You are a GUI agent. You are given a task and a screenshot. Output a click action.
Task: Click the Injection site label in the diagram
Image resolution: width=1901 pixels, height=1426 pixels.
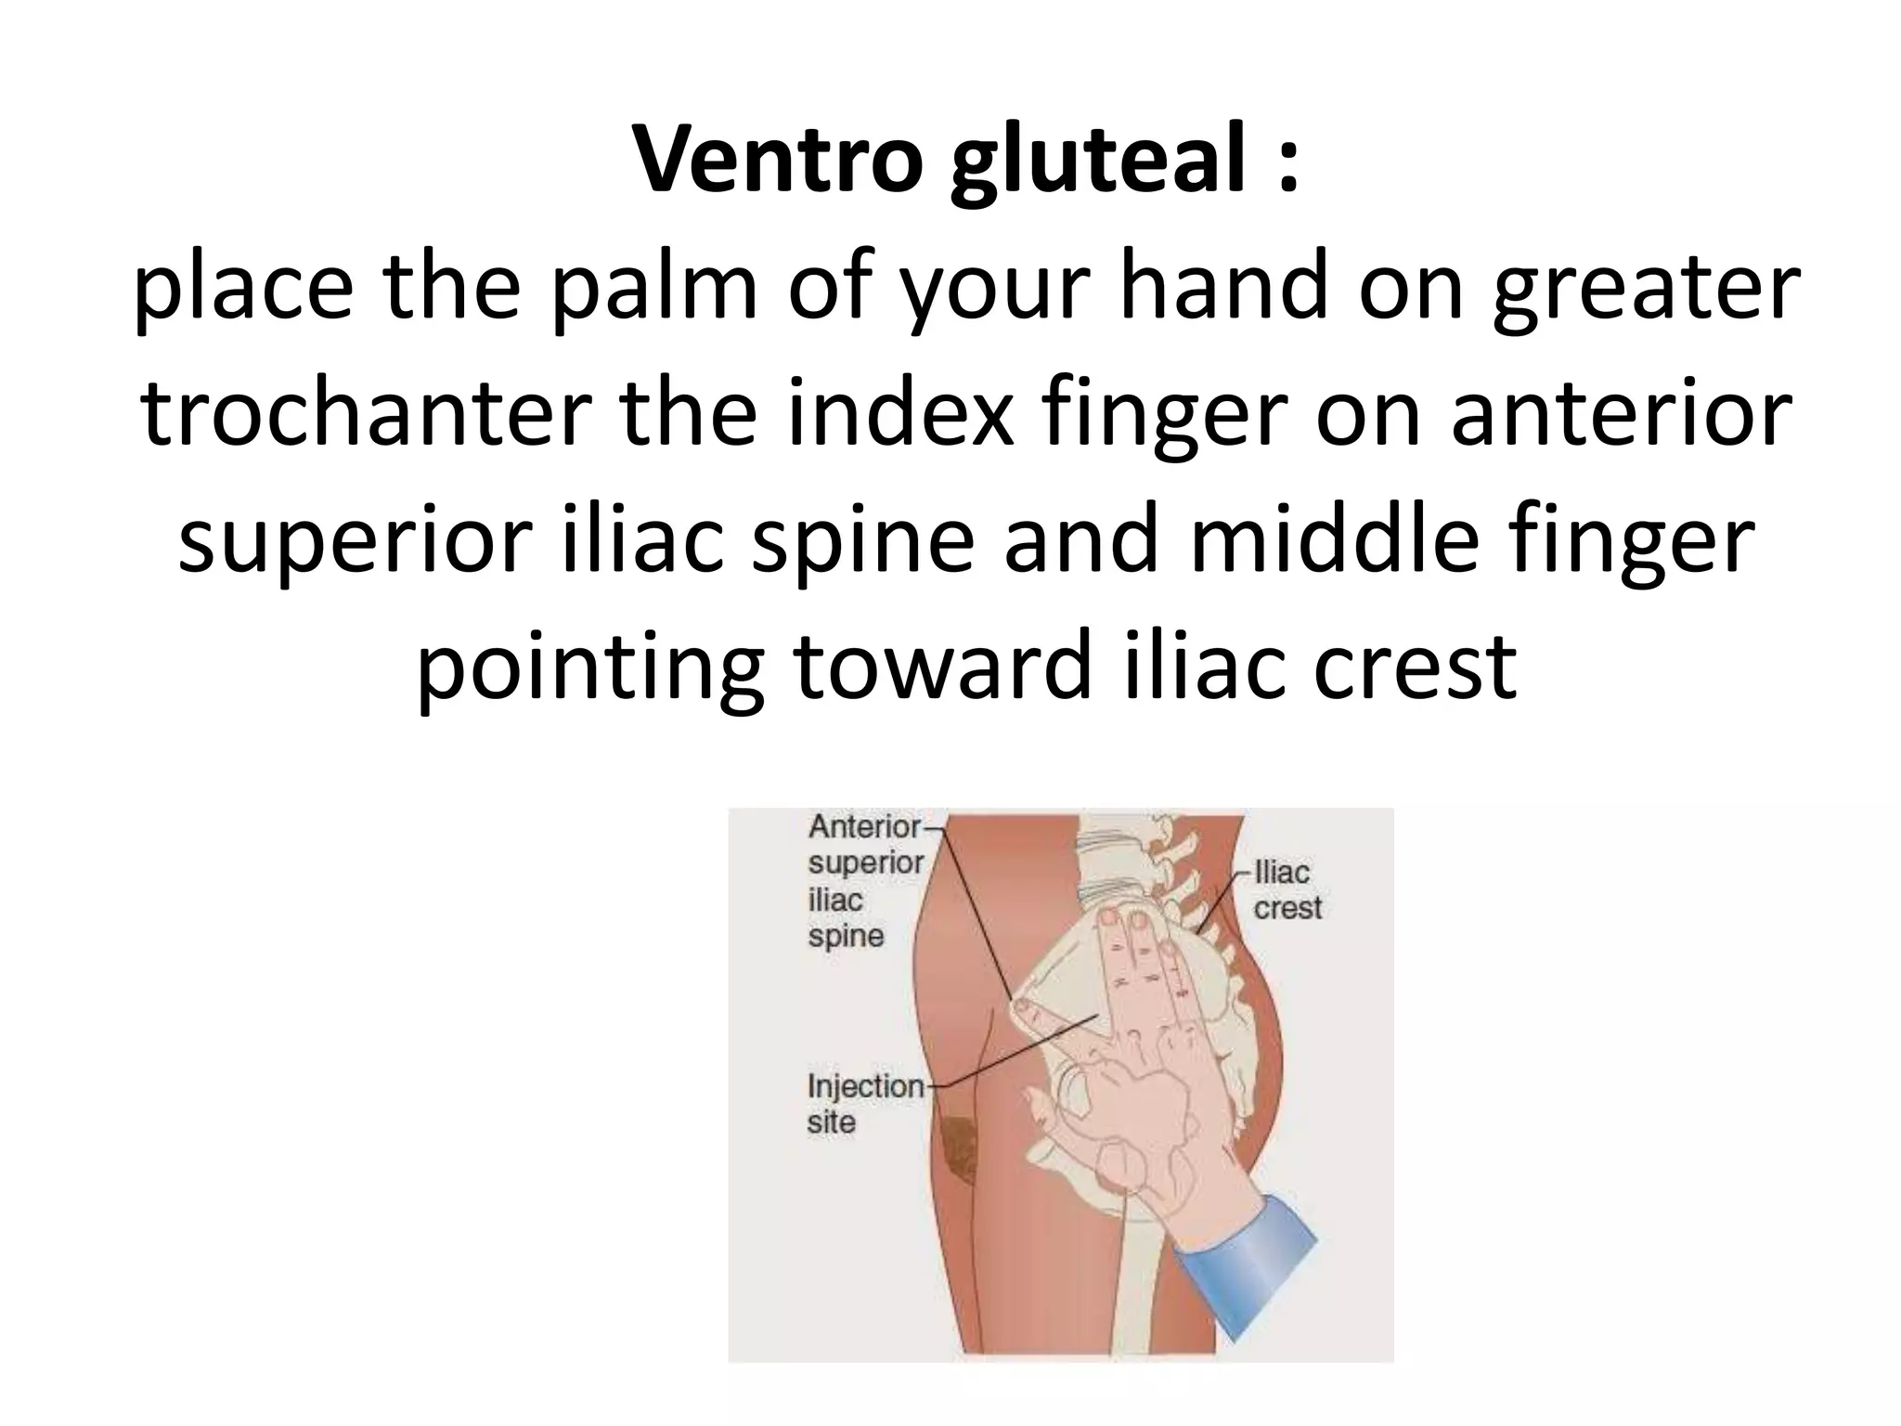click(x=864, y=1103)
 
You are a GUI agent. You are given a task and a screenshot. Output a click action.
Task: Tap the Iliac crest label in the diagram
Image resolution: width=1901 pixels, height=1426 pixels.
click(x=1287, y=889)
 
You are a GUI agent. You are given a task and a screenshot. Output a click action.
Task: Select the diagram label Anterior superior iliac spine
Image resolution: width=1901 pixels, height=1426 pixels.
click(x=865, y=880)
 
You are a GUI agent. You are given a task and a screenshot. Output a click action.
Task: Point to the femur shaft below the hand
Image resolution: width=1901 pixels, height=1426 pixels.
click(x=1128, y=1290)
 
